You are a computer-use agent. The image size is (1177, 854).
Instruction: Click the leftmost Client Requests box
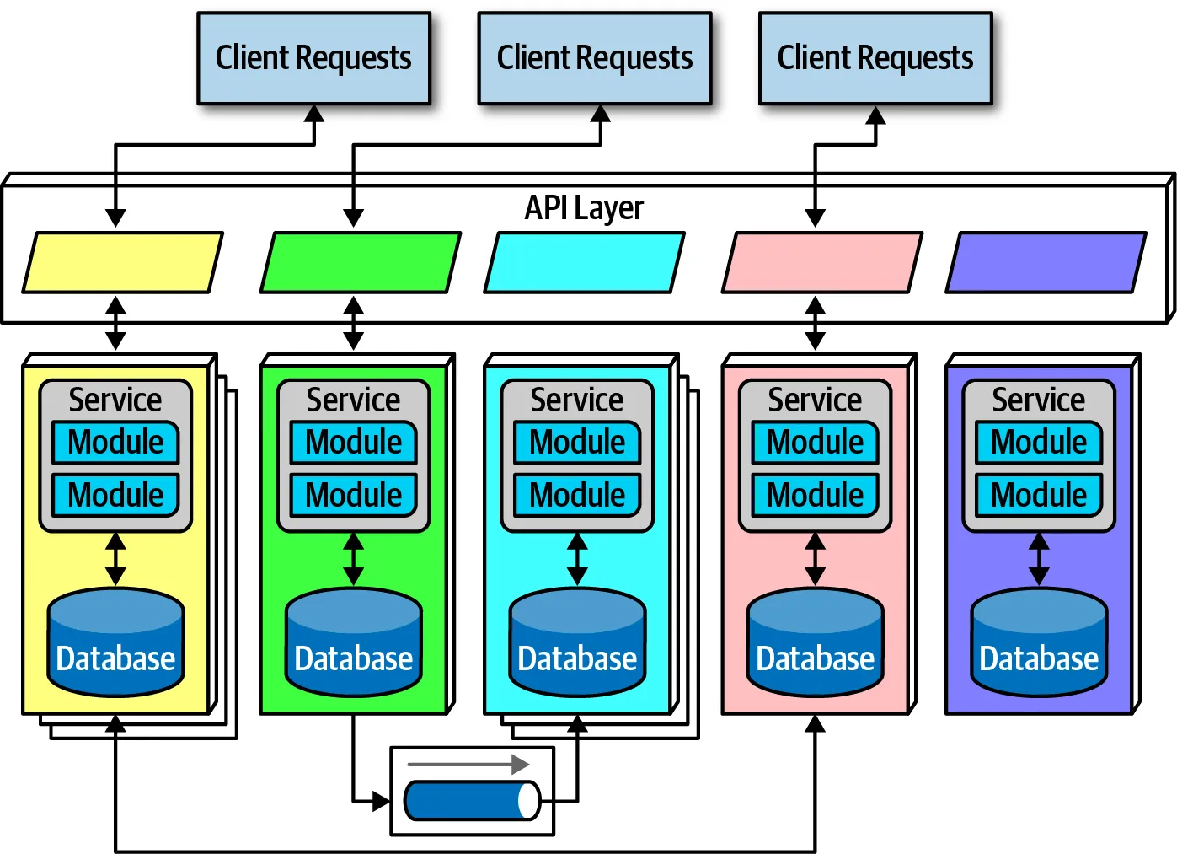pyautogui.click(x=313, y=58)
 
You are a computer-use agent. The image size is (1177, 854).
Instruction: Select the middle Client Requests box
pyautogui.click(x=594, y=58)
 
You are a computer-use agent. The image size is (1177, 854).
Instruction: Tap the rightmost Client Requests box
pyautogui.click(x=875, y=58)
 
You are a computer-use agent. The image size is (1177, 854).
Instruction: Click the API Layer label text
pyautogui.click(x=584, y=207)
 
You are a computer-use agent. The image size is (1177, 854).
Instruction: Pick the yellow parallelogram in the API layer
pyautogui.click(x=122, y=263)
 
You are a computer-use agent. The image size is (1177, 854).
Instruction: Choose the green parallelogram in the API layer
pyautogui.click(x=361, y=263)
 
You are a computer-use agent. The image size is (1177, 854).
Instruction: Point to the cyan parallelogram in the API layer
pyautogui.click(x=584, y=263)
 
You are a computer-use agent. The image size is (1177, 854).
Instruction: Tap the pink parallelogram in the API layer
pyautogui.click(x=822, y=263)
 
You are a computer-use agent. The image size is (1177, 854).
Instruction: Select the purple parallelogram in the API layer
pyautogui.click(x=1046, y=263)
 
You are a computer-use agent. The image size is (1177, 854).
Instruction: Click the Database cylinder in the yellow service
pyautogui.click(x=115, y=642)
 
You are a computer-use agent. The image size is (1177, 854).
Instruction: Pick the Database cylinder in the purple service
pyautogui.click(x=1039, y=642)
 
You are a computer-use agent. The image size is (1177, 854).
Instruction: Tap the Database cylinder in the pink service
pyautogui.click(x=815, y=642)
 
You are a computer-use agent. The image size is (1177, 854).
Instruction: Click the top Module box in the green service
pyautogui.click(x=354, y=443)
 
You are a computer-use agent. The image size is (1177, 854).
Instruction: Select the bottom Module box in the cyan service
pyautogui.click(x=577, y=495)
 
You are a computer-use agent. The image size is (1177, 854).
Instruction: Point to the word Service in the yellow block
pyautogui.click(x=115, y=400)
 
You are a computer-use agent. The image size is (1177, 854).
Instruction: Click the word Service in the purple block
pyautogui.click(x=1039, y=400)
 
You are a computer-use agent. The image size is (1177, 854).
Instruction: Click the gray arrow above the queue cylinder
pyautogui.click(x=468, y=765)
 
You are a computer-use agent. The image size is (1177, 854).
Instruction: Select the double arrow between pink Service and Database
pyautogui.click(x=815, y=559)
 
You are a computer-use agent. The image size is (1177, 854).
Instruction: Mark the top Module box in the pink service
pyautogui.click(x=815, y=443)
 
